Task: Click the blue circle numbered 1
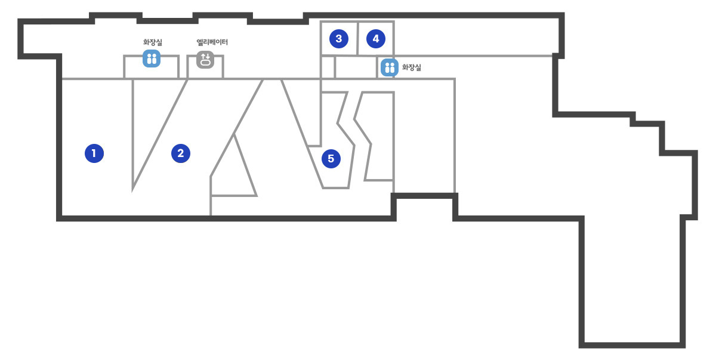coord(94,153)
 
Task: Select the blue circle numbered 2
coord(181,153)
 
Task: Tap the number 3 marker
coord(339,39)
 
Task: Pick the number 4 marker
coord(375,39)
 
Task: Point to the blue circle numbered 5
coord(331,159)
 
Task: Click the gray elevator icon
coord(205,60)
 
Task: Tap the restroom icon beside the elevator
coord(152,59)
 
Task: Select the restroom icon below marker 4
coord(389,67)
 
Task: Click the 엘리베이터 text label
coord(212,42)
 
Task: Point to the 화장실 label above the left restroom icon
coord(153,42)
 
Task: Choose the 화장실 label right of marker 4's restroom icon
coord(411,67)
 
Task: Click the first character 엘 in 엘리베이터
coord(199,42)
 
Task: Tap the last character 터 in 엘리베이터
coord(225,42)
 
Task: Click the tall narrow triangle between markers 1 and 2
coord(149,121)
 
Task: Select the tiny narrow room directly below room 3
coord(328,67)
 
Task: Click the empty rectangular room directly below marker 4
coord(356,67)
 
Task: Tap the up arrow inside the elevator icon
coord(203,57)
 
